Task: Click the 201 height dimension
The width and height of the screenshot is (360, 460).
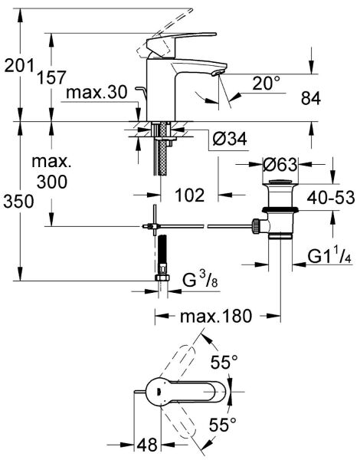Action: (x=18, y=67)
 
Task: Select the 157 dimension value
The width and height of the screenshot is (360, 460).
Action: (x=51, y=77)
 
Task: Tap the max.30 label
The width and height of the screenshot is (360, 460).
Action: (x=95, y=94)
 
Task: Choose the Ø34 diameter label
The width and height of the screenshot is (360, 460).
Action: (x=230, y=140)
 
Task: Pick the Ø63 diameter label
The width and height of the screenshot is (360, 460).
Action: (x=280, y=165)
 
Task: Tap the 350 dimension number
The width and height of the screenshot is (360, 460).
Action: (x=18, y=202)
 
